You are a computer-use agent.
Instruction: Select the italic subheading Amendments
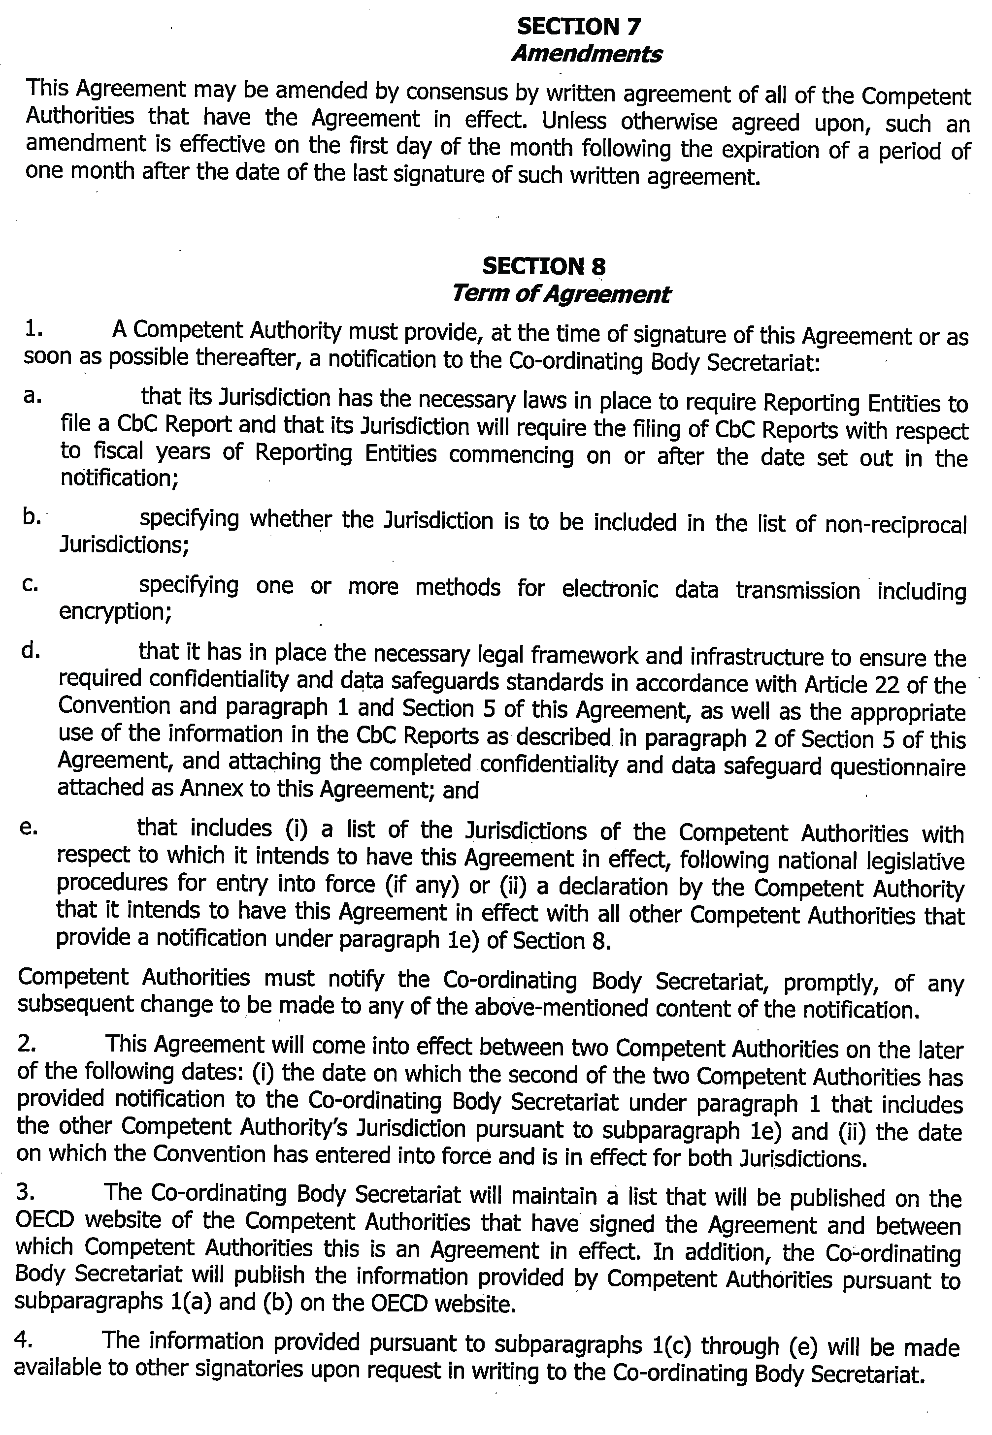pyautogui.click(x=586, y=55)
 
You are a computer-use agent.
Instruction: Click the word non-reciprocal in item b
pyautogui.click(x=895, y=525)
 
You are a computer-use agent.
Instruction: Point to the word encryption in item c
pyautogui.click(x=115, y=612)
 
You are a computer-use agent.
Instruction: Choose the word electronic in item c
pyautogui.click(x=610, y=588)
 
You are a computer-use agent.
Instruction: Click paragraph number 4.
pyautogui.click(x=24, y=1340)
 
